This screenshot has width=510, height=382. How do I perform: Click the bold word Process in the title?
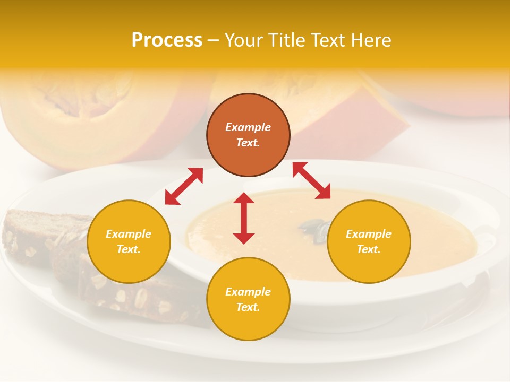coord(167,40)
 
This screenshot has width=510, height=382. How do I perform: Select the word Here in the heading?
coord(370,40)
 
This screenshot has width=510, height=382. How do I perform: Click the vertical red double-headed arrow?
coord(244,218)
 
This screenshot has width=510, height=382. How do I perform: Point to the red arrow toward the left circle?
coord(184,186)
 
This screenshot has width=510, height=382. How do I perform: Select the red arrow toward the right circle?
coord(311,180)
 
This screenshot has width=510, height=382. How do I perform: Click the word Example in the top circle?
coord(248,127)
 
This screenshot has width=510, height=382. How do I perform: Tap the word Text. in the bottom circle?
coord(248,307)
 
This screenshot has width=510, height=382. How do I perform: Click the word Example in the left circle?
coord(129,234)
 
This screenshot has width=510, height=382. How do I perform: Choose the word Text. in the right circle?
coord(369,249)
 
